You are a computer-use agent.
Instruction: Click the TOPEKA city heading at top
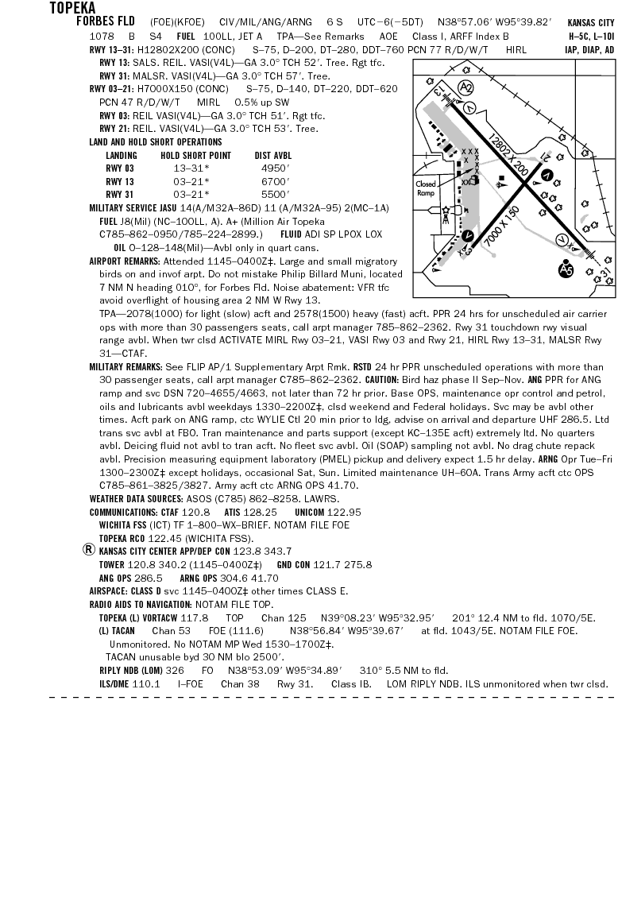pyautogui.click(x=72, y=8)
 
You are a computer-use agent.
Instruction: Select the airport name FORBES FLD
pyautogui.click(x=106, y=21)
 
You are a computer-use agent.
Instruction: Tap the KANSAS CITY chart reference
pyautogui.click(x=591, y=23)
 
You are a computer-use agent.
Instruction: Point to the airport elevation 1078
pyautogui.click(x=101, y=37)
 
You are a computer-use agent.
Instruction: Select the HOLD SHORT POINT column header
pyautogui.click(x=195, y=156)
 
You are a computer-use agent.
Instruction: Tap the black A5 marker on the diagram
pyautogui.click(x=566, y=271)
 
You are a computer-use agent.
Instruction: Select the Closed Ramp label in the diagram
pyautogui.click(x=427, y=188)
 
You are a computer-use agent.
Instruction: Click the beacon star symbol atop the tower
pyautogui.click(x=446, y=210)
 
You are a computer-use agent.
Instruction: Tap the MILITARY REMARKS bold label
pyautogui.click(x=126, y=368)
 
